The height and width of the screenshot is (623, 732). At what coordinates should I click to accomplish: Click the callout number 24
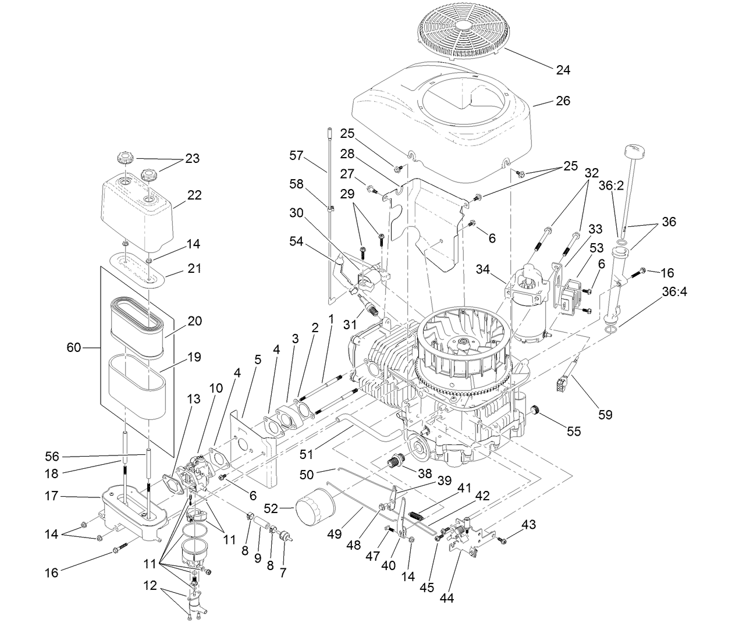563,70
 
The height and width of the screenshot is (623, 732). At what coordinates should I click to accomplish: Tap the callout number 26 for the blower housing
563,101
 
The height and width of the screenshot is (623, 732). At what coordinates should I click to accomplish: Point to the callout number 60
74,348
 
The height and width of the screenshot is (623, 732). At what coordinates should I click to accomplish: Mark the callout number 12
150,586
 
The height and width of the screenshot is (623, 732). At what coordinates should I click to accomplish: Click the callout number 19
194,357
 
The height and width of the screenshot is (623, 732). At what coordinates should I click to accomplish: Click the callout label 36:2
612,187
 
